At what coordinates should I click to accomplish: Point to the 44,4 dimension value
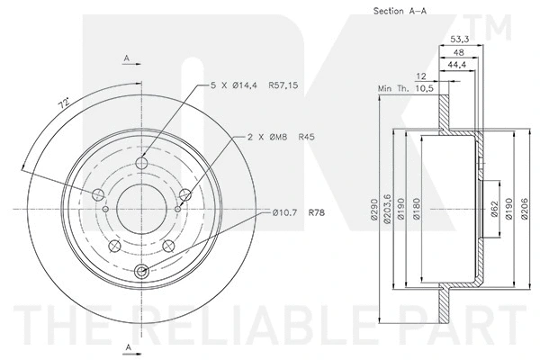(458, 65)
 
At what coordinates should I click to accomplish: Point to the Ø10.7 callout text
(282, 213)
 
